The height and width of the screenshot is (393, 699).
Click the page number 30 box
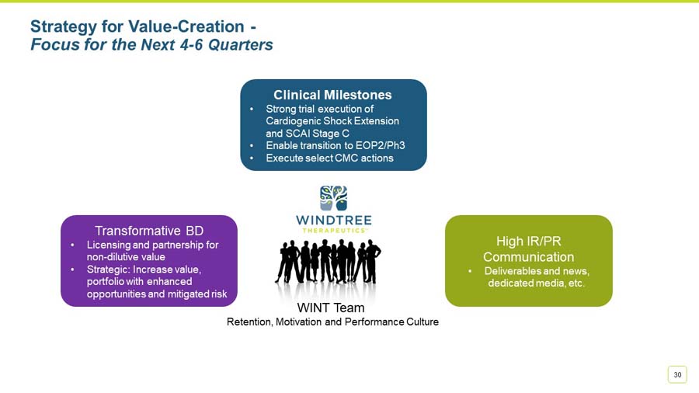tap(677, 374)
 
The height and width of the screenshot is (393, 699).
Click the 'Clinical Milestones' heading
tap(332, 95)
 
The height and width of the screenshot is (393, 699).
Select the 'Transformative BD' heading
tap(149, 230)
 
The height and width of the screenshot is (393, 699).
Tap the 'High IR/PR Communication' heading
tap(528, 249)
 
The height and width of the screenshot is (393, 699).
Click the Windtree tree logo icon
tap(333, 198)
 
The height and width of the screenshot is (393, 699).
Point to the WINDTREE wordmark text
tap(333, 220)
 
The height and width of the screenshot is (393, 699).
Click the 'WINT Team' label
tap(331, 308)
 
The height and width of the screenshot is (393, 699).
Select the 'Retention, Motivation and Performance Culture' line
tap(332, 322)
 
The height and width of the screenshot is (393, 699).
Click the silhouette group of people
tap(328, 262)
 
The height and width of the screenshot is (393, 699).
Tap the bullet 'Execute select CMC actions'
tap(329, 158)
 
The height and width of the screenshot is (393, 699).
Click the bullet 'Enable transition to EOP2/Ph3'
tap(335, 145)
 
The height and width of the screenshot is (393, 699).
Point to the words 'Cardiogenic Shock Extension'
tap(332, 121)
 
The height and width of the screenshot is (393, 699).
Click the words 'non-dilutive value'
tap(125, 256)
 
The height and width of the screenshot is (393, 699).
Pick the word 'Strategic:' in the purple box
tap(109, 269)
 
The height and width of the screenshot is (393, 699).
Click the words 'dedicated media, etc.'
tap(536, 283)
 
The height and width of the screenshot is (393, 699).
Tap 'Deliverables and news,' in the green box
tap(537, 271)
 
